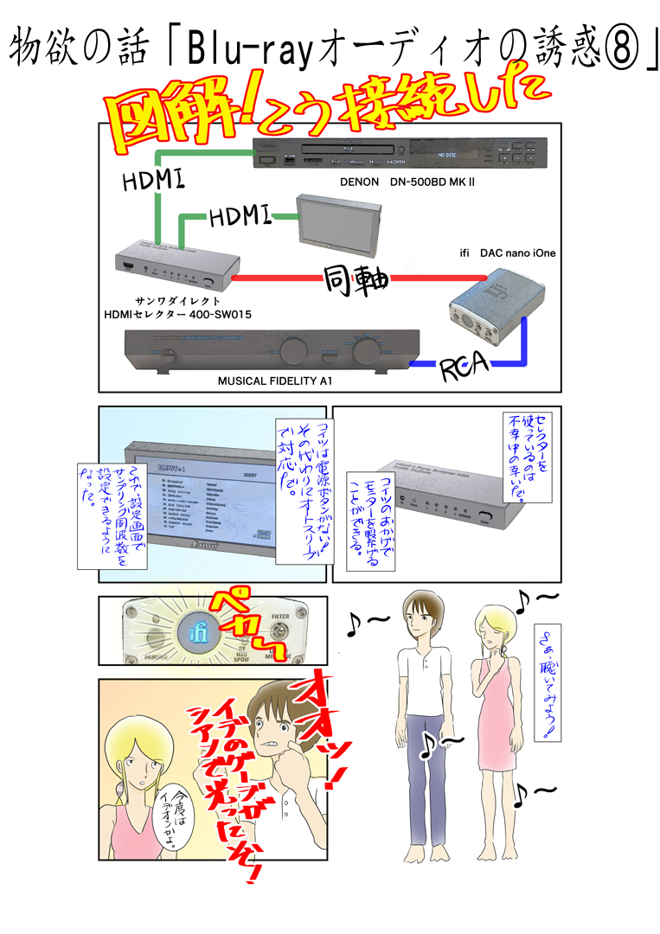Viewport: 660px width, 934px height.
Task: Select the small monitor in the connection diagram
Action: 331,227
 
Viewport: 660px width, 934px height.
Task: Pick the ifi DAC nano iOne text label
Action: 507,253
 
